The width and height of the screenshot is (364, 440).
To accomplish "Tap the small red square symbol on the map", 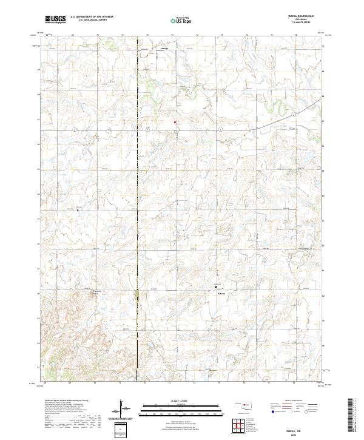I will pos(176,123).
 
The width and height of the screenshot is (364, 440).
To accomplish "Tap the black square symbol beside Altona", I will pos(215,286).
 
